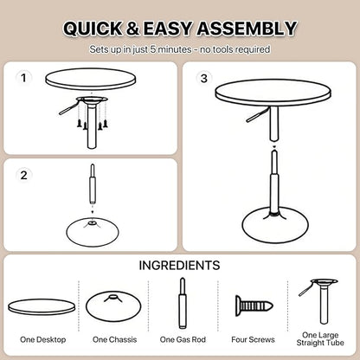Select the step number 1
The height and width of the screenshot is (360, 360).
tap(24, 78)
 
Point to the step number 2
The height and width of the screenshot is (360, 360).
tap(24, 176)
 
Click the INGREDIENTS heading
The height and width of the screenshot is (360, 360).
tap(179, 265)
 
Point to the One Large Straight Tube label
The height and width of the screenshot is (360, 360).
tap(319, 338)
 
